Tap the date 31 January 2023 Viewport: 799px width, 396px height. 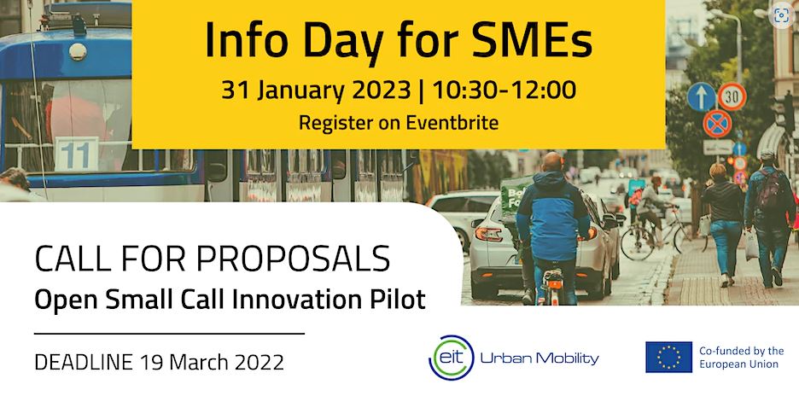(316, 90)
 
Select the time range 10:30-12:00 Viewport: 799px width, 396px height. (504, 90)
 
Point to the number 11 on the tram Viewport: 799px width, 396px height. (75, 154)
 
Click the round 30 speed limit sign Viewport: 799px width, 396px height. (732, 96)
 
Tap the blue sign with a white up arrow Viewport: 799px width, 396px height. (701, 96)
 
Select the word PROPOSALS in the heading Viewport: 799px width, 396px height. (293, 259)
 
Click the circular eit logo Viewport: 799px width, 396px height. (451, 358)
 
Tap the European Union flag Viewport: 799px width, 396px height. (668, 358)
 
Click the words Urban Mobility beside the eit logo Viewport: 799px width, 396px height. (539, 358)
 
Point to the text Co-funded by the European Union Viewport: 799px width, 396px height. (742, 358)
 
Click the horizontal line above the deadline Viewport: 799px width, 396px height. (169, 334)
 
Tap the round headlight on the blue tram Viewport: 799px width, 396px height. (78, 51)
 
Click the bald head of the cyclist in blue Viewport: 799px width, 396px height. (553, 162)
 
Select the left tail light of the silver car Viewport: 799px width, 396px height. (488, 234)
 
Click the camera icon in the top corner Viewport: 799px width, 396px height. (782, 15)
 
